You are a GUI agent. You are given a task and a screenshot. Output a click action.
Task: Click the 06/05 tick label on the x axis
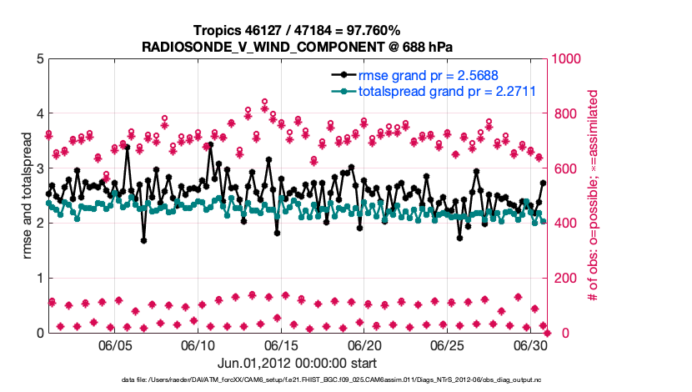coord(116,345)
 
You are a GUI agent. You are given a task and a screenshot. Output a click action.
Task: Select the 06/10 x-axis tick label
coord(198,345)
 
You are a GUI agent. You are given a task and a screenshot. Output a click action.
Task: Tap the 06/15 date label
coord(281,345)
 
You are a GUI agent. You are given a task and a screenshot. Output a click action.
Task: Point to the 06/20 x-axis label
coord(364,345)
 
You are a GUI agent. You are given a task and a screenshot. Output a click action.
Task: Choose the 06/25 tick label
coord(447,345)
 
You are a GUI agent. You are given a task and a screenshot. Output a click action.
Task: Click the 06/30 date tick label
coord(529,345)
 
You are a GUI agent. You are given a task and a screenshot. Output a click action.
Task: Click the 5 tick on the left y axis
coord(39,59)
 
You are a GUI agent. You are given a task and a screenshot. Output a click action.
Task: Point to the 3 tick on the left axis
coord(39,168)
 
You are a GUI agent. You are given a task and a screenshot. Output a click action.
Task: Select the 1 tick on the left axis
coord(39,279)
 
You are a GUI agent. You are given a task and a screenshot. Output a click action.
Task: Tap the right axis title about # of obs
coord(594,195)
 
